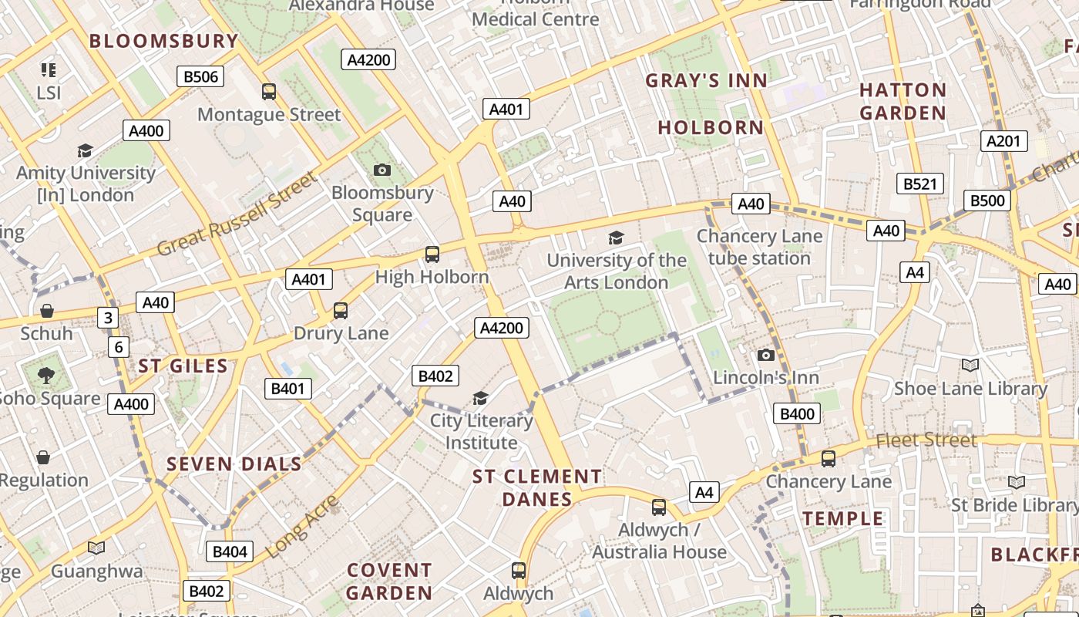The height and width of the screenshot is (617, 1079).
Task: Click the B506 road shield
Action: [200, 76]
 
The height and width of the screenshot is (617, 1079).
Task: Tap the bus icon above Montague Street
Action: [269, 92]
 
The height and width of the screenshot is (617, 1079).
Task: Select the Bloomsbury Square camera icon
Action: [382, 170]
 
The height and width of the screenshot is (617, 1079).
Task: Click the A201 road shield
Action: [1003, 141]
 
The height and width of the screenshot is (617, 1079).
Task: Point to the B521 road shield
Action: [920, 184]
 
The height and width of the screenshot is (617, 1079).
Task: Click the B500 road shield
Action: [987, 201]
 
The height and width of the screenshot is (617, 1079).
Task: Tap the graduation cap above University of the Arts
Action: [616, 238]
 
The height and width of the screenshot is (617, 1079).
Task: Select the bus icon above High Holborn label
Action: [432, 254]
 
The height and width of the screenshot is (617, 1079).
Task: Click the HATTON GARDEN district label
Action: [903, 101]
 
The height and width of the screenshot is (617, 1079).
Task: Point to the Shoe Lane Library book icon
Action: [970, 365]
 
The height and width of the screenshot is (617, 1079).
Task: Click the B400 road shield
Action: [797, 414]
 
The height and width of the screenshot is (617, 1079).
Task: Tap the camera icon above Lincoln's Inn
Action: [765, 356]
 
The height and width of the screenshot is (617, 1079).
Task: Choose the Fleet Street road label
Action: [926, 440]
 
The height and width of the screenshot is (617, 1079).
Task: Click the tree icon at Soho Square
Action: [46, 376]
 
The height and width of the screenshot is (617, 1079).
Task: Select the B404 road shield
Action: [230, 551]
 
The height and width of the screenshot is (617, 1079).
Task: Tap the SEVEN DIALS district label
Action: [234, 464]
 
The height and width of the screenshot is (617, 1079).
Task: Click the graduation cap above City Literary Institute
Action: [481, 398]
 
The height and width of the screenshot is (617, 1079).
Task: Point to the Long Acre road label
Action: [302, 528]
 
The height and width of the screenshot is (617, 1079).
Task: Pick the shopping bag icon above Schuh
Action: [47, 311]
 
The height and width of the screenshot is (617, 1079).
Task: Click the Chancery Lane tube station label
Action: [759, 247]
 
